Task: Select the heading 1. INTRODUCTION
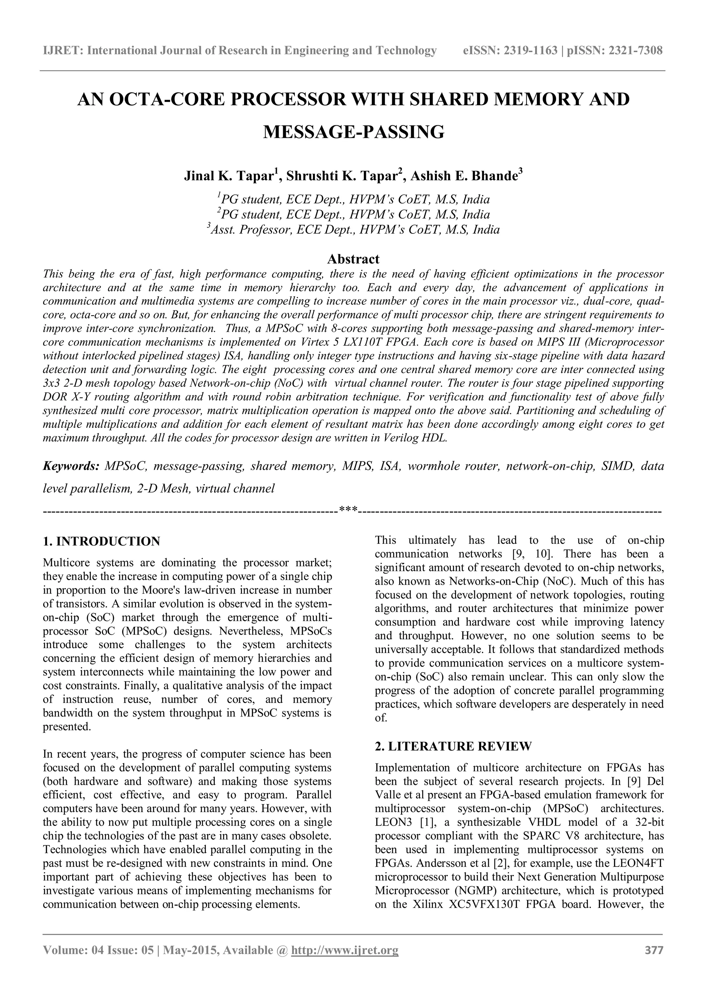101,541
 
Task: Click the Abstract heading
353,259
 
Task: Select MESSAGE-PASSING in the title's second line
353,132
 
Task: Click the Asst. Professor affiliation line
353,230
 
